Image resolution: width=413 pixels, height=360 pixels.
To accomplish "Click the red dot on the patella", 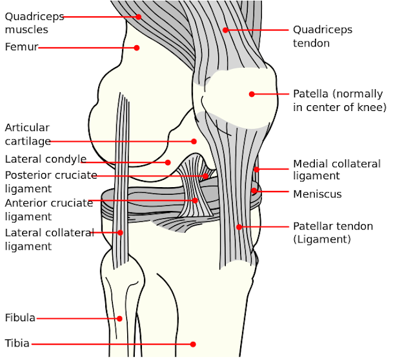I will pos(252,94).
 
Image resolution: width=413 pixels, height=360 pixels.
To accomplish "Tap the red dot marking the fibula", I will pos(119,318).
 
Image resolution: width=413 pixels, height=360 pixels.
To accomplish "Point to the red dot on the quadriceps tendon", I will pos(225,30).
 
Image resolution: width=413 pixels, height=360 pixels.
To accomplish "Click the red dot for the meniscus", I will pos(254,191).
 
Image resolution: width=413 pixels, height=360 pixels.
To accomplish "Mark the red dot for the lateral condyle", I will pos(168,163).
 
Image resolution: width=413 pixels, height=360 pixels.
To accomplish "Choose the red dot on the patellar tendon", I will pos(239,226).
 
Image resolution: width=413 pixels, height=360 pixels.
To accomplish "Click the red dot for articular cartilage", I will pos(193,141).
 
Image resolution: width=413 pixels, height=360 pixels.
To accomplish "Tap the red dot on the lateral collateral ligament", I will pos(120,232).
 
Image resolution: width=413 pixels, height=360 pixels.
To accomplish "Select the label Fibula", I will pos(20,318).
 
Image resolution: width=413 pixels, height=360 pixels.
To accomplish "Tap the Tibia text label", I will pos(17,344).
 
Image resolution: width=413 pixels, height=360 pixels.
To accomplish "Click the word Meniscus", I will pos(317,194).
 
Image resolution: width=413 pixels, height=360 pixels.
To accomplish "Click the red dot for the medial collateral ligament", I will pos(256,170).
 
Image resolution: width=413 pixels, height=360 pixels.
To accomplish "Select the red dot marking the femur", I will pos(137,47).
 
